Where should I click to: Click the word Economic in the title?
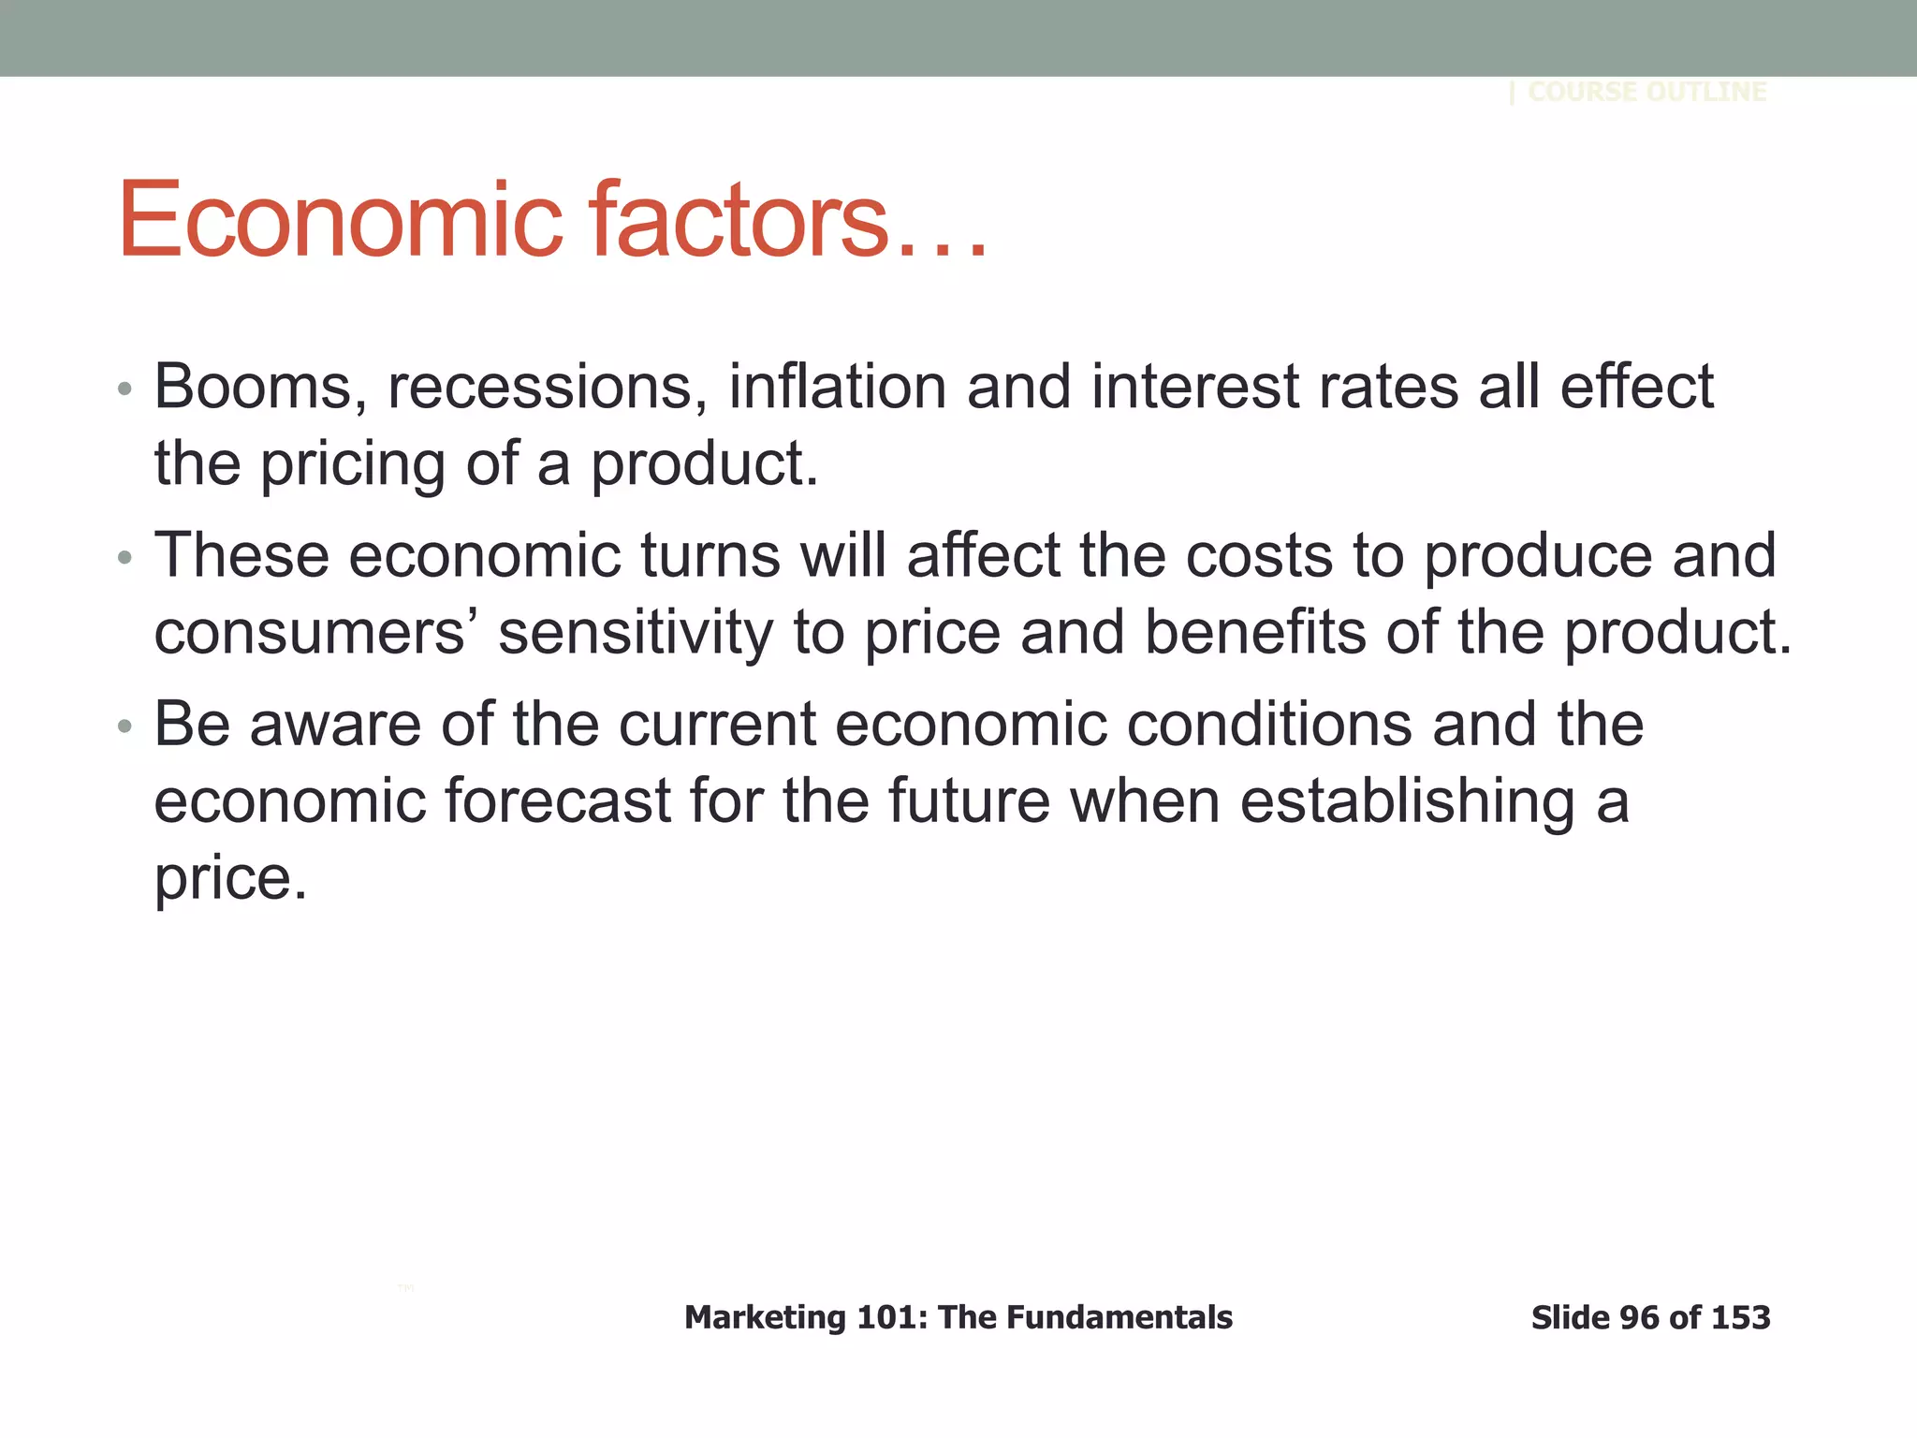(340, 221)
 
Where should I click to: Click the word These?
(241, 555)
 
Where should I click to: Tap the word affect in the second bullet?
(983, 555)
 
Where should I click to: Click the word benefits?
(1255, 632)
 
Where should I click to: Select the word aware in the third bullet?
(335, 725)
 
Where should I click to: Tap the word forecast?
(557, 801)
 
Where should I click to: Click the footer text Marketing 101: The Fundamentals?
(958, 1318)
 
